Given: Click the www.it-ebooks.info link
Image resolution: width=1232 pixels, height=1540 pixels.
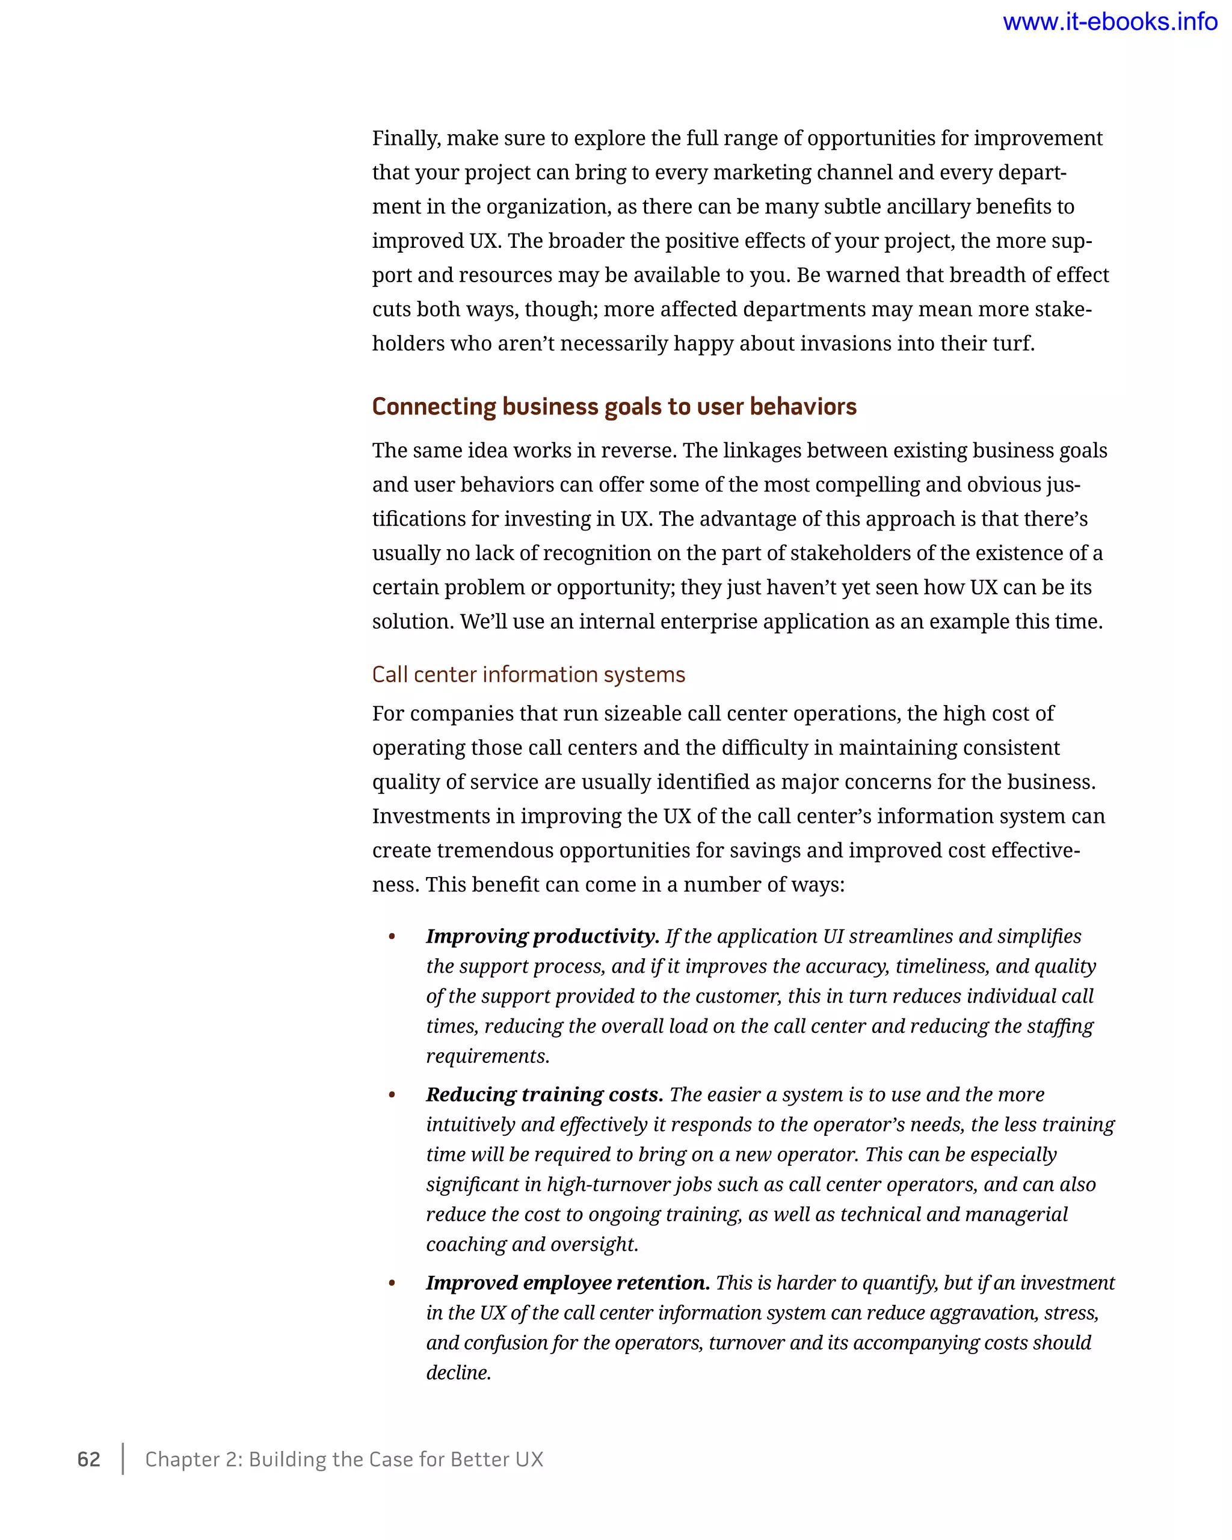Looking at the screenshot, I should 1109,22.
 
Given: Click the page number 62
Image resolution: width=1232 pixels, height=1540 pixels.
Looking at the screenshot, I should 88,1459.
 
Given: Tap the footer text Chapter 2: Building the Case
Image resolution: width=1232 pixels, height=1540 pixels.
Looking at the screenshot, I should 343,1459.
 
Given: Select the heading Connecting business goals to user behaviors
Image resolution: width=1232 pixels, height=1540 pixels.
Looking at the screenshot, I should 614,407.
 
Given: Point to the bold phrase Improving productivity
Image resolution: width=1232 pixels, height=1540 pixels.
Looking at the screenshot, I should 542,937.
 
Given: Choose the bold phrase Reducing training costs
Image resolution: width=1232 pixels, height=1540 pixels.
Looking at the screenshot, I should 544,1094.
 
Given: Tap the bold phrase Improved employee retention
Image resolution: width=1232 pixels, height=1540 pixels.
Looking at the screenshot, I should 568,1283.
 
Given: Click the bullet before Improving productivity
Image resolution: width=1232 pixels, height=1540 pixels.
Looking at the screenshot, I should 392,937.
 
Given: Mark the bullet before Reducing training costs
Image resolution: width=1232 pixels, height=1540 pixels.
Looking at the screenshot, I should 392,1095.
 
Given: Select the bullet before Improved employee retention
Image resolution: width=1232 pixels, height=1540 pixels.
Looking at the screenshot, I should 392,1284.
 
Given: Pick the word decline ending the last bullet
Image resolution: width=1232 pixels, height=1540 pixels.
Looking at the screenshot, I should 457,1373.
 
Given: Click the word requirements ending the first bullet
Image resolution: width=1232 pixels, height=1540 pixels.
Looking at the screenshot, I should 487,1056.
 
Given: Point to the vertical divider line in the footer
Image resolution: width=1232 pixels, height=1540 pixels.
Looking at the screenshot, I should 123,1459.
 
